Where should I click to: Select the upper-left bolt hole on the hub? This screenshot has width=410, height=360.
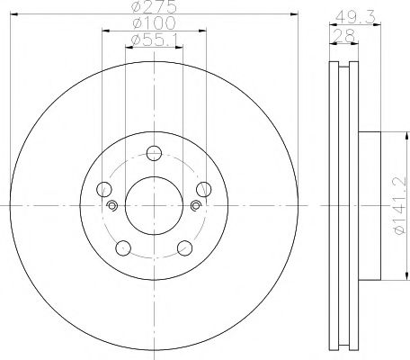coord(104,189)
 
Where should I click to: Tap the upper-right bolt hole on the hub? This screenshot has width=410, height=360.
coord(203,189)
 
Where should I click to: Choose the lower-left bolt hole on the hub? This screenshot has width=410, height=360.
coord(123,247)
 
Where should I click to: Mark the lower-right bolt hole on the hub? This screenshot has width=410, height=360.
coord(184,247)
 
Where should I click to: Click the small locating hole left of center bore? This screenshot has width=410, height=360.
coord(111,206)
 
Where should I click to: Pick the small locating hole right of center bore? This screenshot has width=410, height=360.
coord(196,206)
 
